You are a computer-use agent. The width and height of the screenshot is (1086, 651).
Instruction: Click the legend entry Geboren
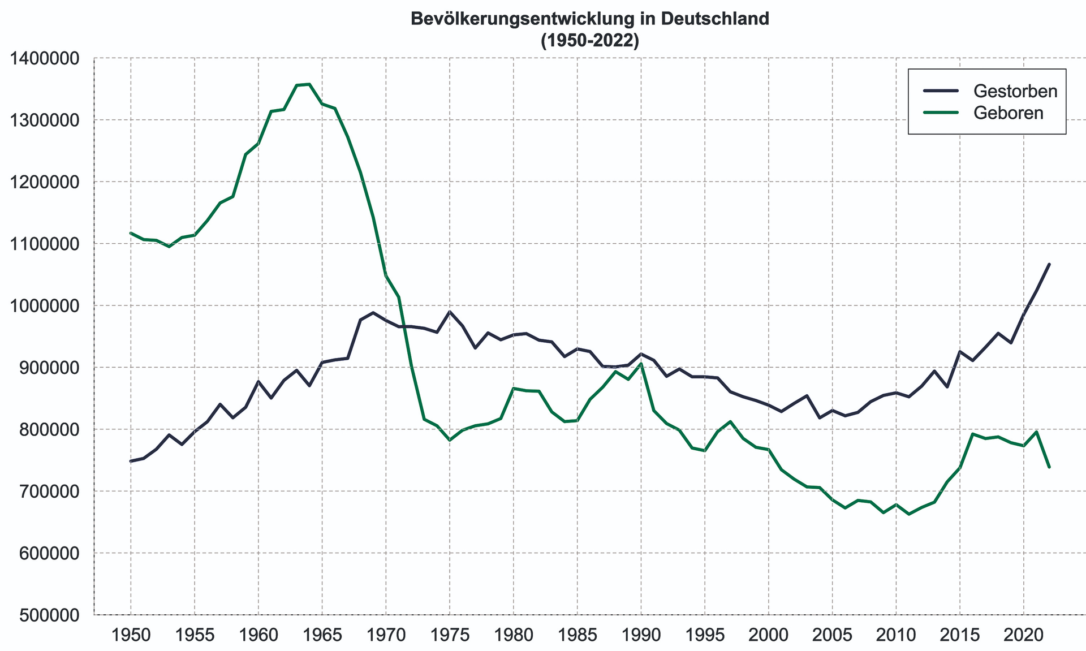click(x=1008, y=113)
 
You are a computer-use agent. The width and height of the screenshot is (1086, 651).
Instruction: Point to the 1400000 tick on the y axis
click(x=43, y=58)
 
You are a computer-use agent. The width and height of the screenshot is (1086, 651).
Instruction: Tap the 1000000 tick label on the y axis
click(x=43, y=306)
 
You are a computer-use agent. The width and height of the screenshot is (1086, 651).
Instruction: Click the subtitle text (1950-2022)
click(x=589, y=41)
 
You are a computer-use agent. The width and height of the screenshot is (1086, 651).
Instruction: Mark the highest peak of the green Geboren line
click(x=309, y=84)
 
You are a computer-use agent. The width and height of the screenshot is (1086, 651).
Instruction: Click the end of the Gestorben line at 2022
click(x=1049, y=264)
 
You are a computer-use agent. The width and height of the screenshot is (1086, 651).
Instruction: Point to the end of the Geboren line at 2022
click(x=1049, y=467)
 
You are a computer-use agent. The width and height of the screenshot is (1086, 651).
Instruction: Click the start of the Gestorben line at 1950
click(x=131, y=461)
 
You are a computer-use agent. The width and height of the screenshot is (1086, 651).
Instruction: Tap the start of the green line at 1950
click(x=131, y=233)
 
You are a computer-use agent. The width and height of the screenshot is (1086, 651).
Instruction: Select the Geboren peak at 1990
click(x=641, y=364)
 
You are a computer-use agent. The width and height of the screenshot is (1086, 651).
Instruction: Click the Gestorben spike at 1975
click(x=450, y=312)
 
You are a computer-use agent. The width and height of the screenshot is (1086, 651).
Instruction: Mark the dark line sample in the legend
click(x=940, y=90)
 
